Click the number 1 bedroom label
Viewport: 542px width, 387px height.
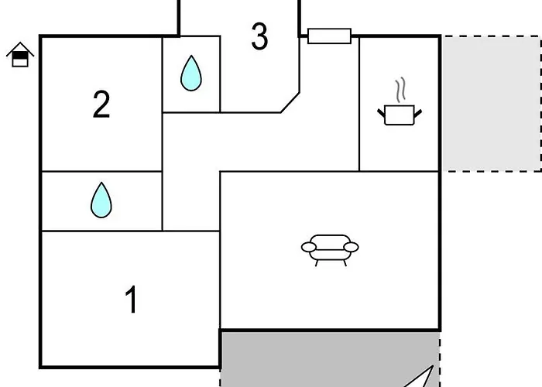click(131, 300)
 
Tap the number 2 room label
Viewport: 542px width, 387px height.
click(101, 104)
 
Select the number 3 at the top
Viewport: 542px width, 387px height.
click(259, 36)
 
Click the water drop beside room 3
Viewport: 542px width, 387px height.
click(191, 74)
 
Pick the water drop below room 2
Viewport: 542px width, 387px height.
click(101, 200)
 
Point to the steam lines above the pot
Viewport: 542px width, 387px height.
click(400, 90)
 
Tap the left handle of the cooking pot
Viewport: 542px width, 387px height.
click(381, 113)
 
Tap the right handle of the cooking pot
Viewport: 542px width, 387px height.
click(418, 113)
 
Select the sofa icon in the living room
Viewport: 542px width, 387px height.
click(330, 250)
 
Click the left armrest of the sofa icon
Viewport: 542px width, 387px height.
click(309, 247)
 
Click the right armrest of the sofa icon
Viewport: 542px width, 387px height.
click(352, 247)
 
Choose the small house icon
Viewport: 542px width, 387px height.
click(20, 55)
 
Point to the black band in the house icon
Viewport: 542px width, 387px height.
click(20, 56)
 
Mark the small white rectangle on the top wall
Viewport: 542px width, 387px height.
click(329, 36)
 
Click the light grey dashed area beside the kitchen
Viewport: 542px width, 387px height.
click(492, 103)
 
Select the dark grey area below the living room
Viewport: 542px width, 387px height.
click(330, 359)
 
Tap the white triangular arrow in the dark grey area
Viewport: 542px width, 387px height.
click(423, 378)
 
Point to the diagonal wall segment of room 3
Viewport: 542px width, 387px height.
click(290, 103)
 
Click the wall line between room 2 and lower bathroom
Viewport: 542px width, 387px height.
click(101, 171)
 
